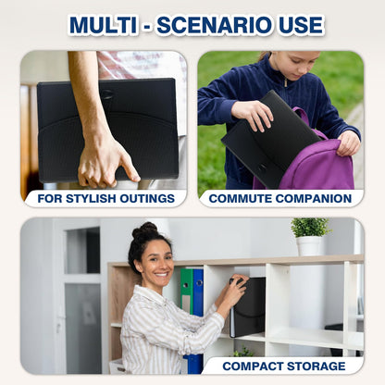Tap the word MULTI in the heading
pyautogui.click(x=103, y=25)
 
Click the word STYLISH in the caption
pyautogui.click(x=92, y=199)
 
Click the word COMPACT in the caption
pyautogui.click(x=253, y=366)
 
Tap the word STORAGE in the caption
pyautogui.click(x=317, y=366)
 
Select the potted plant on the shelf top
pyautogui.click(x=309, y=236)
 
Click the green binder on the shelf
pyautogui.click(x=186, y=291)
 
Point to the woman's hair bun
pyautogui.click(x=144, y=230)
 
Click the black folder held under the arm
pyautogui.click(x=107, y=130)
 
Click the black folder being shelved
pyautogui.click(x=248, y=306)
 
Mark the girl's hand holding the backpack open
pyautogui.click(x=348, y=143)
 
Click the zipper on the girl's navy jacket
pyautogui.click(x=286, y=82)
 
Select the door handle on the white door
pyautogui.click(x=58, y=324)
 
